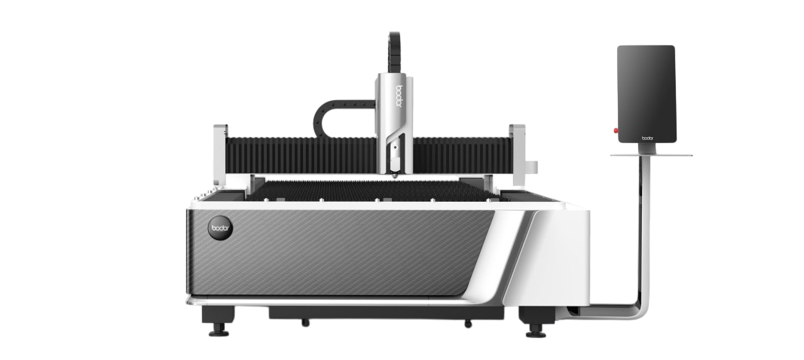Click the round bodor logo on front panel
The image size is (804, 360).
point(220,228)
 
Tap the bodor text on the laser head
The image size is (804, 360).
point(399,96)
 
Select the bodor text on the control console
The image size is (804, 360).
point(647,138)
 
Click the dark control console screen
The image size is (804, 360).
point(646,94)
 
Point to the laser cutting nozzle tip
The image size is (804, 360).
point(394,176)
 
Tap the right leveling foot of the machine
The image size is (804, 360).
point(536,331)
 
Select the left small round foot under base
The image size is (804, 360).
point(306,322)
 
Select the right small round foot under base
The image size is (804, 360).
point(468,324)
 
